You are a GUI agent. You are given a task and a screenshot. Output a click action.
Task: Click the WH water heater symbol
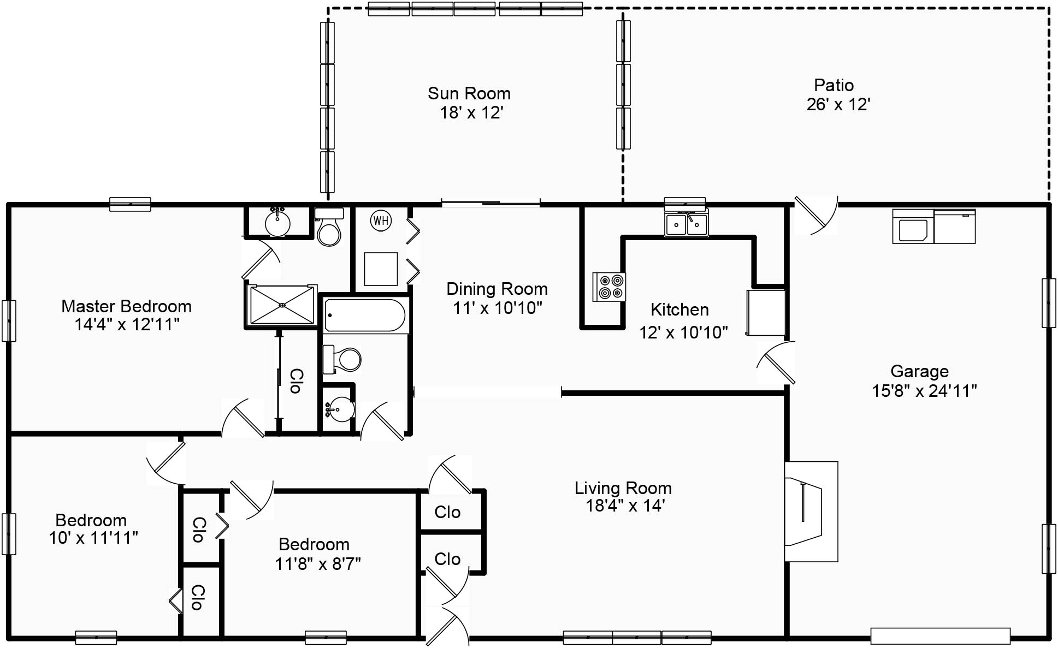381,221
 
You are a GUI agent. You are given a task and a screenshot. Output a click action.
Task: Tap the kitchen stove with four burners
610,287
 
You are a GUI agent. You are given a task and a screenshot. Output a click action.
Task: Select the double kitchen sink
687,224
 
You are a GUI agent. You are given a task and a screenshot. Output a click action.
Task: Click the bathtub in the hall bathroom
365,316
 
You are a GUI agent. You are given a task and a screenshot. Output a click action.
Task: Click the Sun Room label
469,93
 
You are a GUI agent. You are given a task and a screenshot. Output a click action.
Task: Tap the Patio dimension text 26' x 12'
838,104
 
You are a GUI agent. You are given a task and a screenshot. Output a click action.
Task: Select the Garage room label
919,371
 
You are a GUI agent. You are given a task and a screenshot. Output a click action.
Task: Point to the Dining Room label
497,289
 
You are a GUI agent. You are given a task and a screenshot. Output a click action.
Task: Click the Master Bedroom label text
126,306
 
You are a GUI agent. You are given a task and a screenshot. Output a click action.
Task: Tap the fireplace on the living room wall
811,512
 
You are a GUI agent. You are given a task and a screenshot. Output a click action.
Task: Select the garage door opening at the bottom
940,636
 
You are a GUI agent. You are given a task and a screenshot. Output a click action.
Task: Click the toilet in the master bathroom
329,227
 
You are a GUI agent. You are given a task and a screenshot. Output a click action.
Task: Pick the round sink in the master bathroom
277,222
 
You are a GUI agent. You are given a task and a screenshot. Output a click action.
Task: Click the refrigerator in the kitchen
766,313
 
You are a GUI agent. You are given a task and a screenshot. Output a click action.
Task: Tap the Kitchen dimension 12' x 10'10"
684,332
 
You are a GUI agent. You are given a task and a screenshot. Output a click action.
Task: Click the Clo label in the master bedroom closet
295,381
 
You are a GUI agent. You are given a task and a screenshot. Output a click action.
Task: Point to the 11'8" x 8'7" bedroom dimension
318,563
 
